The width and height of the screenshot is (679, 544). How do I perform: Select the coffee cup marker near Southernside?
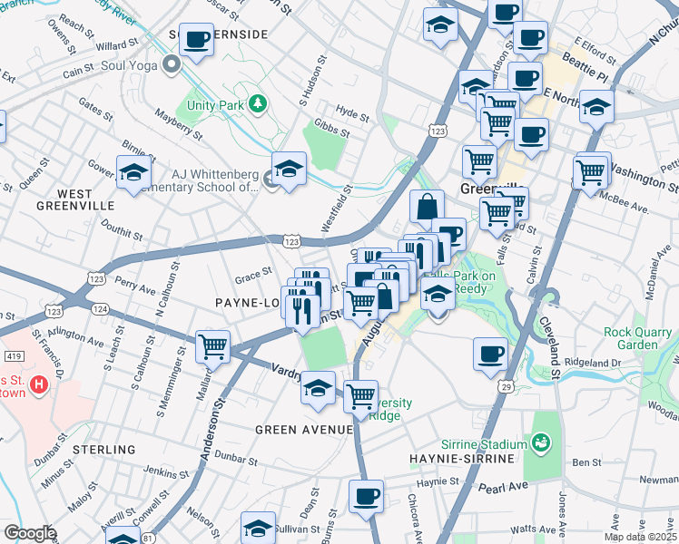pyautogui.click(x=196, y=40)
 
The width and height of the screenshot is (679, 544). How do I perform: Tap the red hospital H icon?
pyautogui.click(x=39, y=385)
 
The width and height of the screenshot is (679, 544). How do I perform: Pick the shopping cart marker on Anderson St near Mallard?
pyautogui.click(x=212, y=345)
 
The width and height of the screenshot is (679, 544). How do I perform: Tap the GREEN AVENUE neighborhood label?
pyautogui.click(x=303, y=429)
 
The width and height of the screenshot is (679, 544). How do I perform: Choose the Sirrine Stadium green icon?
pyautogui.click(x=542, y=443)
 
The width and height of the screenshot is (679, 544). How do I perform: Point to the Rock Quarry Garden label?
pyautogui.click(x=643, y=338)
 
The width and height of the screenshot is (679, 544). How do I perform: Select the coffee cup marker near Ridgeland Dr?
pyautogui.click(x=491, y=353)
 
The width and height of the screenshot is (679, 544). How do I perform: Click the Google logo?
pyautogui.click(x=30, y=533)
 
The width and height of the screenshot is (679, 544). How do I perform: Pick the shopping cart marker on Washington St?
pyautogui.click(x=591, y=170)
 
